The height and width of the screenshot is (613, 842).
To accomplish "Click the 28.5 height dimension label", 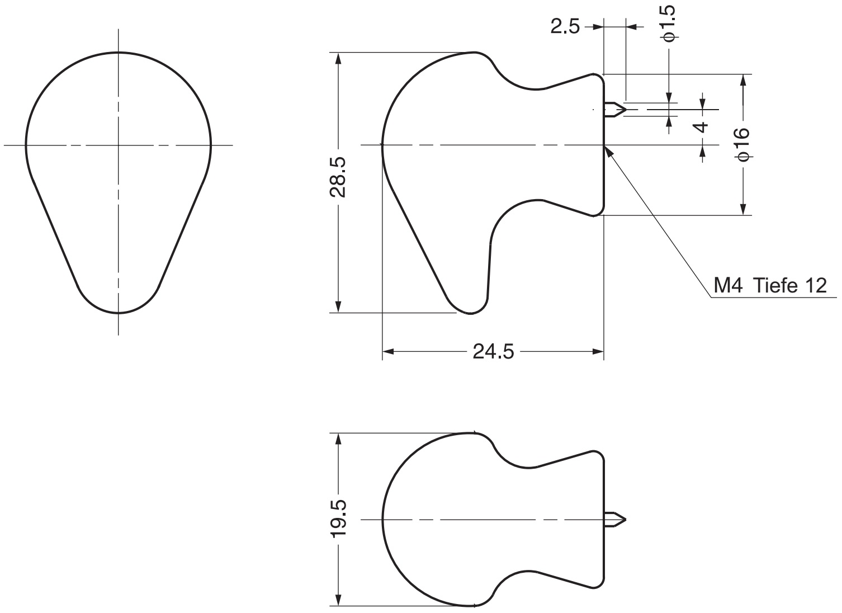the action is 338,177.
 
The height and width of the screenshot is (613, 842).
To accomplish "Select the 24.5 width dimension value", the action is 493,352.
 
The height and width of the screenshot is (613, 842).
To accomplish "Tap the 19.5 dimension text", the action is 338,519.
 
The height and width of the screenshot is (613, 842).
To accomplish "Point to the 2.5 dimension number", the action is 565,27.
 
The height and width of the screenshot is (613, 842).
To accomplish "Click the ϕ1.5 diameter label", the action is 669,23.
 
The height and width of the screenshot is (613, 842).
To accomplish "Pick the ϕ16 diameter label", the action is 743,144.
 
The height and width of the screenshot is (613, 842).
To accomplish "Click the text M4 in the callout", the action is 728,285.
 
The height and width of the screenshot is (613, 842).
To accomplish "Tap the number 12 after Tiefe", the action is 816,285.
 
